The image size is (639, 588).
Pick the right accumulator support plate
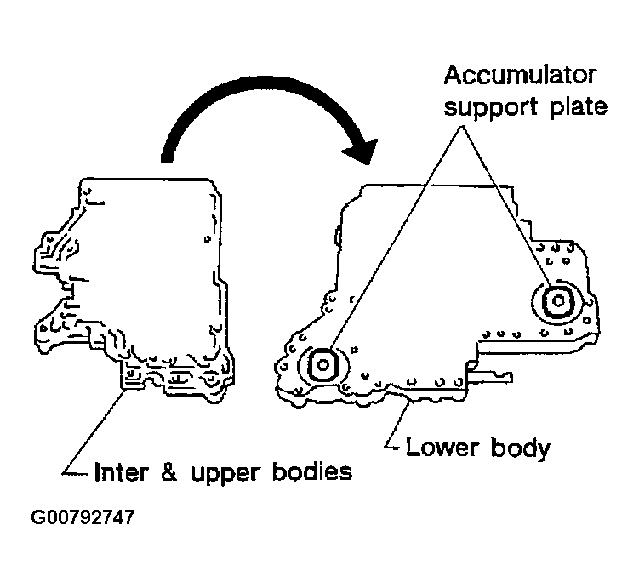[x=557, y=300]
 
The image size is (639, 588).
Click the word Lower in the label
[x=442, y=447]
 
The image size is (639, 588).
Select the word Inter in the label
[x=118, y=471]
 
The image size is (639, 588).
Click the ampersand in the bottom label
[x=170, y=471]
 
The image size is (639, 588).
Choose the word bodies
[x=312, y=471]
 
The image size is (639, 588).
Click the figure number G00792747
[x=82, y=517]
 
